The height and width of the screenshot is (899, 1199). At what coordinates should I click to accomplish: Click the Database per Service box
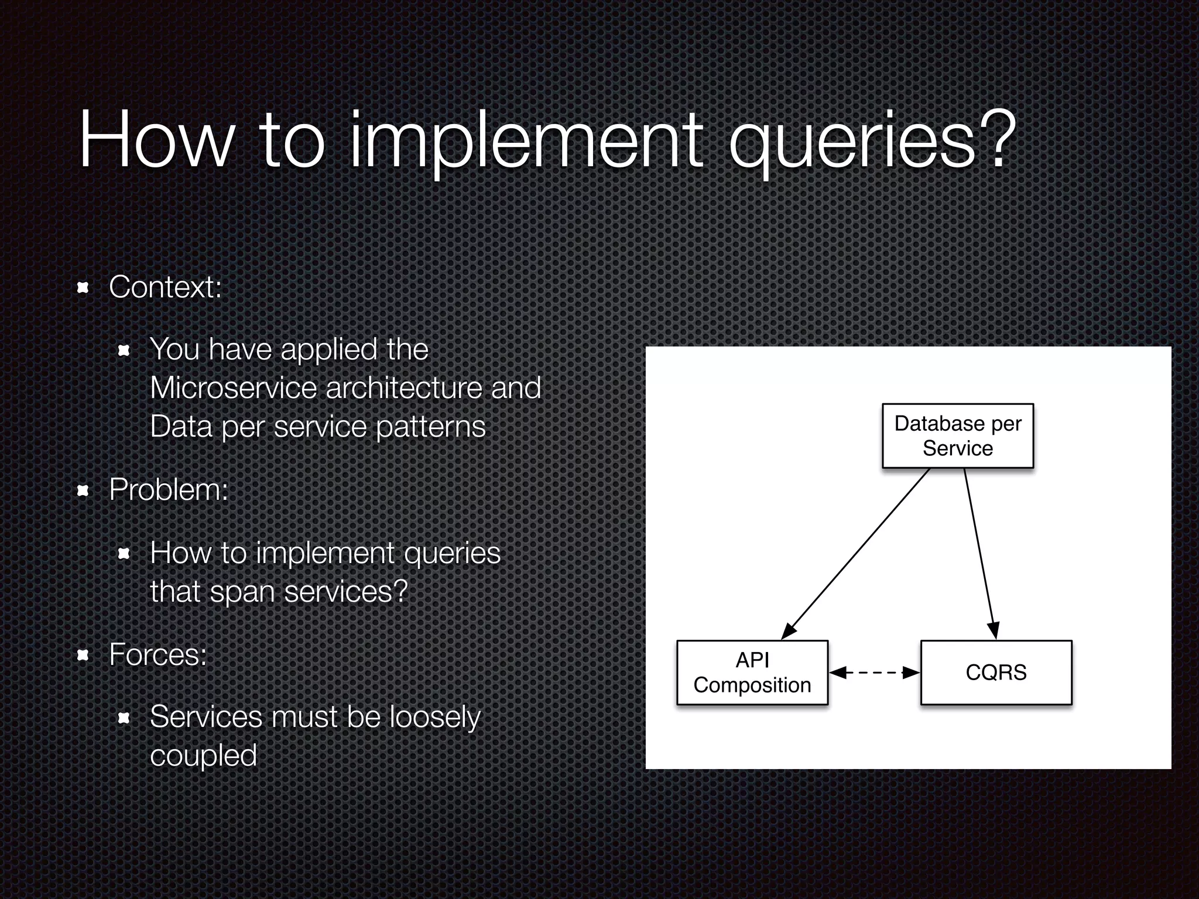[x=958, y=435]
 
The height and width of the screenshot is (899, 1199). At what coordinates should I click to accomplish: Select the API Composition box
[x=752, y=672]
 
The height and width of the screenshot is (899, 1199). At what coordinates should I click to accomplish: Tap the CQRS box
[x=996, y=672]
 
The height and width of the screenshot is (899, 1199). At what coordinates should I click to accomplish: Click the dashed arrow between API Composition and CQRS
[x=875, y=672]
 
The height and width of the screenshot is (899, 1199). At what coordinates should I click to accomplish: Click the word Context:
[x=166, y=287]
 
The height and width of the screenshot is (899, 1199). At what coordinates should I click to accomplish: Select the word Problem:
[x=169, y=489]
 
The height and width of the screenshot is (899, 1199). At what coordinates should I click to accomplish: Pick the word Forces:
[x=158, y=654]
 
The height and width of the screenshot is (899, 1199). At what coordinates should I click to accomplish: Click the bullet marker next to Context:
[x=83, y=287]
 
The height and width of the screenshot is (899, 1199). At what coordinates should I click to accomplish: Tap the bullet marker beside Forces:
[x=83, y=655]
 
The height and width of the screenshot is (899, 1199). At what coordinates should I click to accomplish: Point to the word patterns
[x=430, y=427]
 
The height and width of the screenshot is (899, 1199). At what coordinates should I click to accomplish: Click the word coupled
[x=203, y=756]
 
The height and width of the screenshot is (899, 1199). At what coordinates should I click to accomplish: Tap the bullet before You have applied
[x=124, y=351]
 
